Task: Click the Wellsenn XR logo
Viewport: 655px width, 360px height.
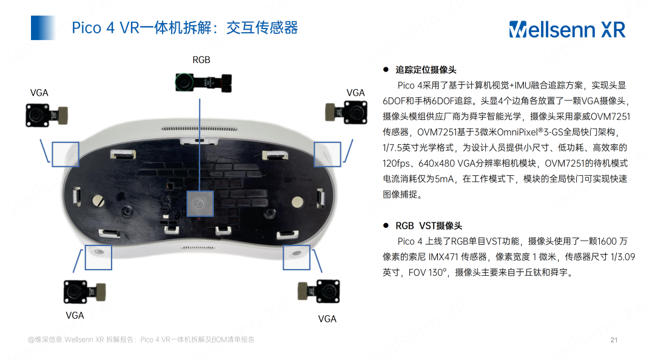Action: (x=566, y=28)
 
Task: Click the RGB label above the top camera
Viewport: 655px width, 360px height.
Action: (x=201, y=59)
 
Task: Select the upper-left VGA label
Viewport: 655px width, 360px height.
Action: (x=39, y=93)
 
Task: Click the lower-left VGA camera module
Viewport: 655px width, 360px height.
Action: (x=86, y=292)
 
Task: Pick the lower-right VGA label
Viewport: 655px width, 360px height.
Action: (x=327, y=319)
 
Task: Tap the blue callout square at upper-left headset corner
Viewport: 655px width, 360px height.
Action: (x=65, y=154)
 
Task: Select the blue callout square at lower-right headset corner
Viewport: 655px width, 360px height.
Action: (x=297, y=257)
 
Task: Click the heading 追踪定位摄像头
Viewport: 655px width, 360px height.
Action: (x=426, y=70)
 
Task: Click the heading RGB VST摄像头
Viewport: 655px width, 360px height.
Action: (x=428, y=225)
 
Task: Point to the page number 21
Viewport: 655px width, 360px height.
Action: (x=613, y=340)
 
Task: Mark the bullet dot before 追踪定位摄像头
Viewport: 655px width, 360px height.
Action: (x=385, y=70)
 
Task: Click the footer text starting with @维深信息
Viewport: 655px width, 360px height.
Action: (x=141, y=340)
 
